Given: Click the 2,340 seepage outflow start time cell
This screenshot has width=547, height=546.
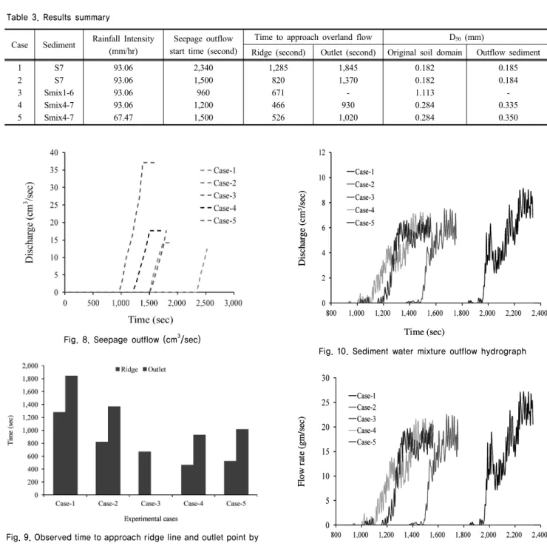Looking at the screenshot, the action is point(203,68).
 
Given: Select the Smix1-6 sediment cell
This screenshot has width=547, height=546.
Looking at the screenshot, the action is point(59,92).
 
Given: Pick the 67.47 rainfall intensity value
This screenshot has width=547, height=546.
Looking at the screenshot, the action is point(123,118).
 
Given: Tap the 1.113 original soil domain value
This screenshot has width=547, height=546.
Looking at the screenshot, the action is point(424,92).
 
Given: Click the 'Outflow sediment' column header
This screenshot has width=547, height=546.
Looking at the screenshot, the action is point(508,53).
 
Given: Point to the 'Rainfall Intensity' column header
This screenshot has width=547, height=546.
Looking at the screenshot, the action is point(123,38).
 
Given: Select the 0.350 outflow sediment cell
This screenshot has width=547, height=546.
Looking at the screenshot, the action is point(508,118).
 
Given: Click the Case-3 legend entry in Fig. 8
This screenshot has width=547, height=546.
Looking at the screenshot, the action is point(218,195).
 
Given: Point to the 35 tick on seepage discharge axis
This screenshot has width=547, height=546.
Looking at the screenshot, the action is point(54,170).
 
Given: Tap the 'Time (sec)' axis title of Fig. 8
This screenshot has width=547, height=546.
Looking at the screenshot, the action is point(150,320).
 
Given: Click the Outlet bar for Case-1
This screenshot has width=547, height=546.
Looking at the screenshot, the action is point(72,435).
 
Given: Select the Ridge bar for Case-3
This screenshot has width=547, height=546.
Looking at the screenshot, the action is point(145,473).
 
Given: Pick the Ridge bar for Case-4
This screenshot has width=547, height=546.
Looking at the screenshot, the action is point(187,479).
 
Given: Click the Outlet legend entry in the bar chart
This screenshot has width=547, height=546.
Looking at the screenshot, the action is point(154,369).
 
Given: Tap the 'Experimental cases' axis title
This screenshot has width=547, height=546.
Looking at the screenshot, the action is point(151,519).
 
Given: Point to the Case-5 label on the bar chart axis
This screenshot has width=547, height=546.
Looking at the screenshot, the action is point(236,503).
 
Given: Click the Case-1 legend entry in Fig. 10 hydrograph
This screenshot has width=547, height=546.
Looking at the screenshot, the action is point(361,172).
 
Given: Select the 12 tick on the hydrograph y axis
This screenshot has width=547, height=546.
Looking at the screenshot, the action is point(322,152).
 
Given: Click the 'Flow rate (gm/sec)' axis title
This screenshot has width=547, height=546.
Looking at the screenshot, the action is point(302,452).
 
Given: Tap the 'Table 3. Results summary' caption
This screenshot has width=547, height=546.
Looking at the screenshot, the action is point(58,18).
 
